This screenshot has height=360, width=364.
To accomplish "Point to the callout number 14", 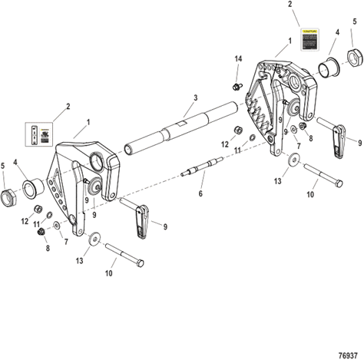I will [237, 59].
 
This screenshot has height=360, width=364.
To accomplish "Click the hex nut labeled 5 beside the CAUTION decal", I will [356, 57].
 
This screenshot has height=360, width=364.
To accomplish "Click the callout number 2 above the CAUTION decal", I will [290, 4].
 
